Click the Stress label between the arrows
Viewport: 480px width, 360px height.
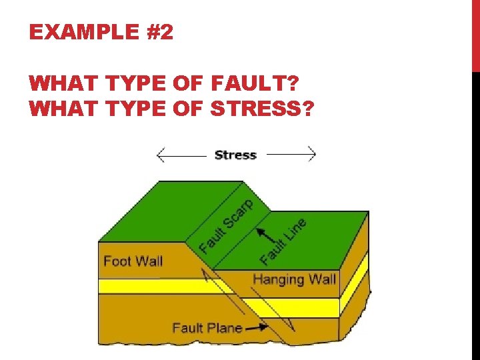(x=235, y=155)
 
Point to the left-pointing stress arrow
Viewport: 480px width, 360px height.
(x=180, y=155)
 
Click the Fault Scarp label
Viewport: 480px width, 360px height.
(x=227, y=226)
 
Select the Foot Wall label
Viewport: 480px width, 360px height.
(x=133, y=261)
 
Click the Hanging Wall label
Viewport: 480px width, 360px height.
(x=294, y=279)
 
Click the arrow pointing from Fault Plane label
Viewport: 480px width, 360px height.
(x=257, y=327)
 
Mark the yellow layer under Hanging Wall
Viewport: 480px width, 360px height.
(x=293, y=307)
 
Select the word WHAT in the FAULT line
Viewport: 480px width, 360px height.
(x=52, y=84)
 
